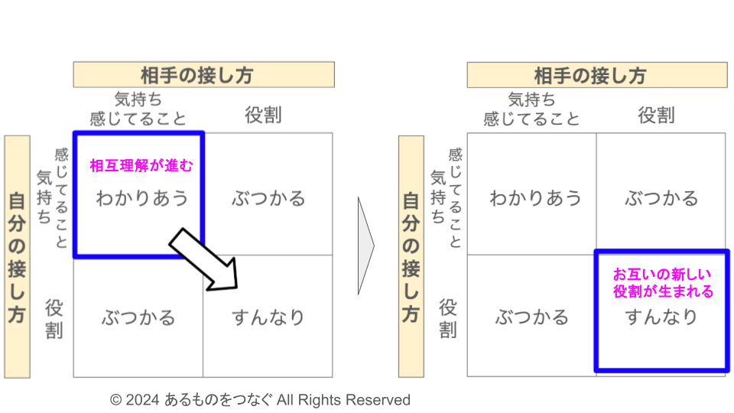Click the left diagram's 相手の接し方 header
(203, 75)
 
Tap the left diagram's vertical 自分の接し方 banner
(17, 257)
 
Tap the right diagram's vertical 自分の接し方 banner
(411, 257)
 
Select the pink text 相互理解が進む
(141, 166)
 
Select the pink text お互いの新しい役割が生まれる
(663, 282)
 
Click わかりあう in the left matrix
(141, 199)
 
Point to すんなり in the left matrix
(268, 317)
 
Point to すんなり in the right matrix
(662, 317)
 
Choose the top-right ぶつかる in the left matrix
(268, 199)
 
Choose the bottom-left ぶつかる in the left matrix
(138, 317)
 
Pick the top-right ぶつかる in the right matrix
(662, 199)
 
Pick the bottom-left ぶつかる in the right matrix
(532, 317)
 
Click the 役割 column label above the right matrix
(657, 115)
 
